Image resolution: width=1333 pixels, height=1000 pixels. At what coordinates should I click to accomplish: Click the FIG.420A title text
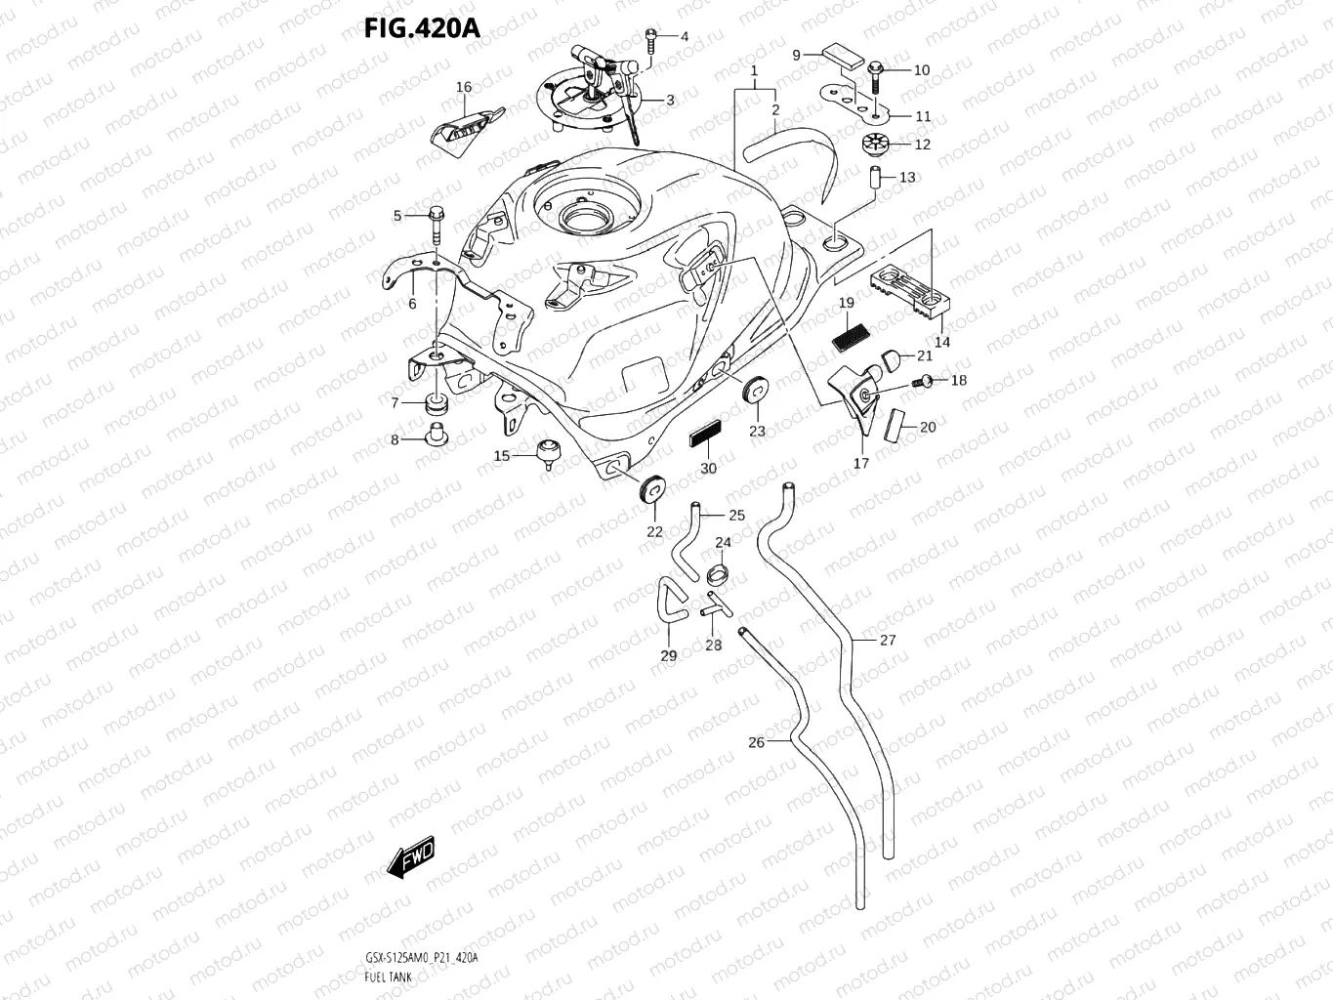422,27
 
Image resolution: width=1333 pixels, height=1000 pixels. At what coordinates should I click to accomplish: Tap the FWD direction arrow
410,857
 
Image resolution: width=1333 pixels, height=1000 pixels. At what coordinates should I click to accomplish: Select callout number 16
464,87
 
